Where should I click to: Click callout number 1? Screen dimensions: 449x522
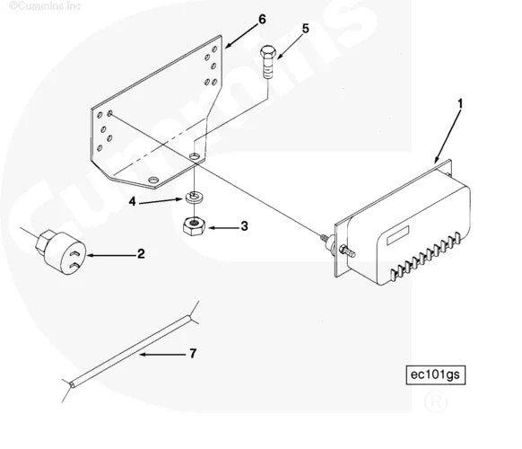[460, 105]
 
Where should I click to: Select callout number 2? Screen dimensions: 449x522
[141, 254]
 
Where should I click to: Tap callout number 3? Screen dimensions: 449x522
[243, 226]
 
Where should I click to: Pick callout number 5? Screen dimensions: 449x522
[305, 29]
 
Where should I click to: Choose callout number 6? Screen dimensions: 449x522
[237, 18]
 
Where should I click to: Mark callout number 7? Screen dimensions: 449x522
[192, 354]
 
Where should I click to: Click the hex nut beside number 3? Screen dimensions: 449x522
[195, 225]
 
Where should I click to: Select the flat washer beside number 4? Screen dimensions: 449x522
[195, 198]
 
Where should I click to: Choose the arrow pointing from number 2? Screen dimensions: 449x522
[109, 255]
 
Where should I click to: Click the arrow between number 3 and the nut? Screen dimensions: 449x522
[221, 226]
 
